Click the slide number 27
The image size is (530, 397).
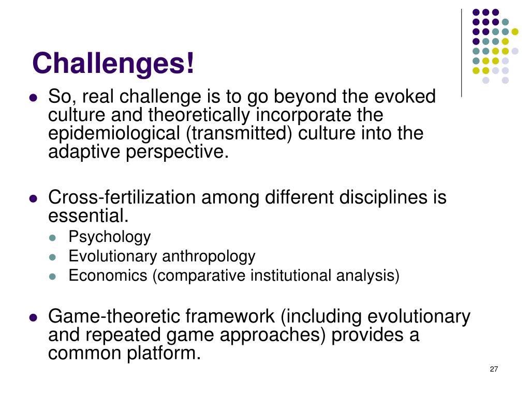[x=493, y=369]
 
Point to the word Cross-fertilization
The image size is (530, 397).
[x=122, y=197]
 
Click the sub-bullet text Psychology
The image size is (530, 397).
[x=109, y=237]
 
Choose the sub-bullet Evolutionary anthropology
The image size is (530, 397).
[x=161, y=256]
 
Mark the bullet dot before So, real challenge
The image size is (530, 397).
[x=34, y=97]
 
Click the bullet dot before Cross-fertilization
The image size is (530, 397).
[x=34, y=198]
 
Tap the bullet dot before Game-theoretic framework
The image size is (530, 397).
[x=34, y=317]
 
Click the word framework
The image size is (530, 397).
[x=230, y=316]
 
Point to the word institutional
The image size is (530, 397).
[x=292, y=276]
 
